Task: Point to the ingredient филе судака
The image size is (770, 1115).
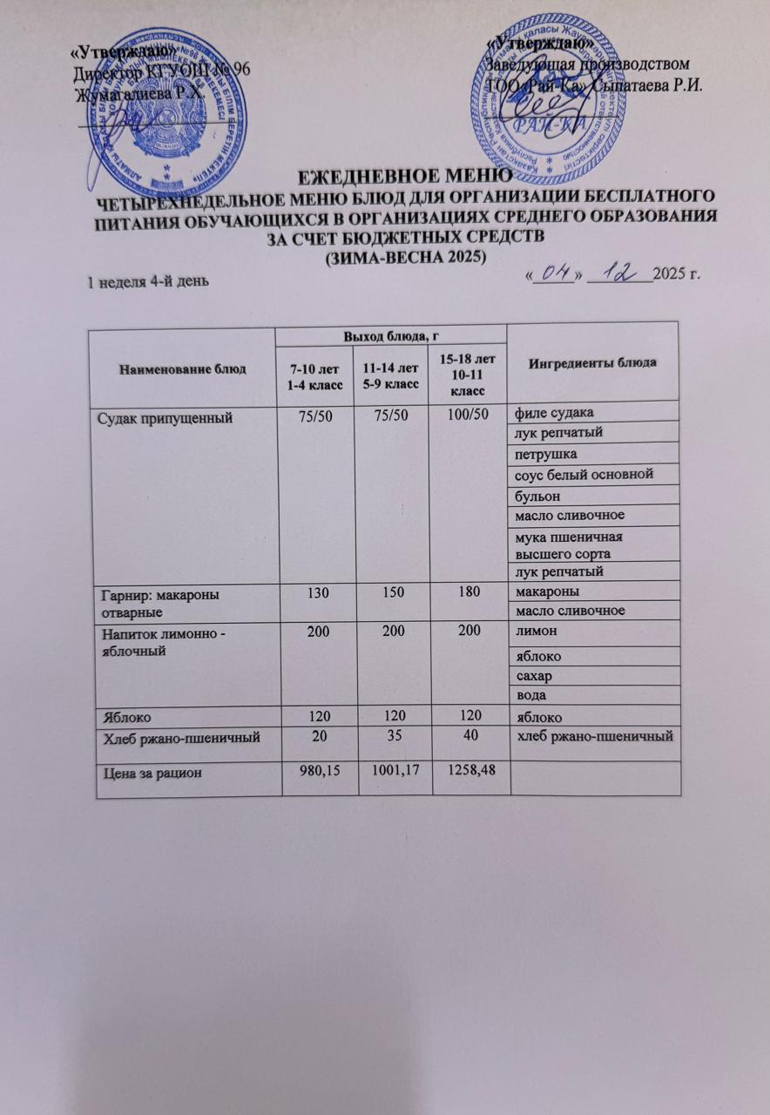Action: click(556, 412)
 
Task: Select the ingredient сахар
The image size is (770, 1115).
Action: click(537, 676)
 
